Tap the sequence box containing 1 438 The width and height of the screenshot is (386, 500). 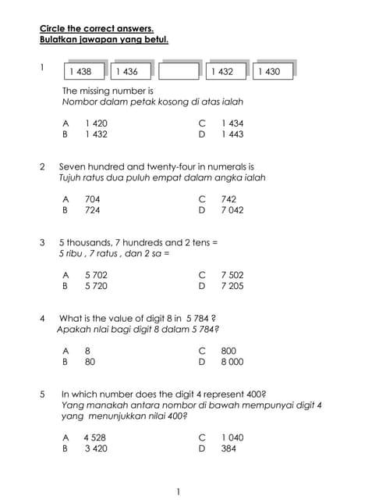[x=85, y=71]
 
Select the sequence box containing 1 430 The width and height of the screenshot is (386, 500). [x=272, y=71]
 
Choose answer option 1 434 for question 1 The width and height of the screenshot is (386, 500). [x=232, y=123]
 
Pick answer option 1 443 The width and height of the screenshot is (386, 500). [x=232, y=134]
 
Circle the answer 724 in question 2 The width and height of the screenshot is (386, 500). [x=92, y=210]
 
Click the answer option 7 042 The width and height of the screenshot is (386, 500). [x=232, y=210]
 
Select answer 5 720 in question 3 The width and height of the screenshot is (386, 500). [x=96, y=286]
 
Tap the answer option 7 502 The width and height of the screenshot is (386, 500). [x=232, y=275]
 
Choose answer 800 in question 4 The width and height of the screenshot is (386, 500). [x=228, y=352]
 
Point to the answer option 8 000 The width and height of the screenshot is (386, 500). [x=232, y=362]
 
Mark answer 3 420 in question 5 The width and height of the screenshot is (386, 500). [x=96, y=448]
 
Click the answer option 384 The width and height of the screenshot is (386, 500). [x=228, y=448]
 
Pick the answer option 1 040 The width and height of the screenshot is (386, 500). [x=232, y=437]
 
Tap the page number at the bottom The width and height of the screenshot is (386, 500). [x=179, y=491]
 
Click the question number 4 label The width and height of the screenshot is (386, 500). [x=41, y=318]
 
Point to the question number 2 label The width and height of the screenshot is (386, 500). [x=41, y=166]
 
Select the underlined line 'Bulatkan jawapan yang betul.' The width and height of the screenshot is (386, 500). [x=104, y=39]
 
